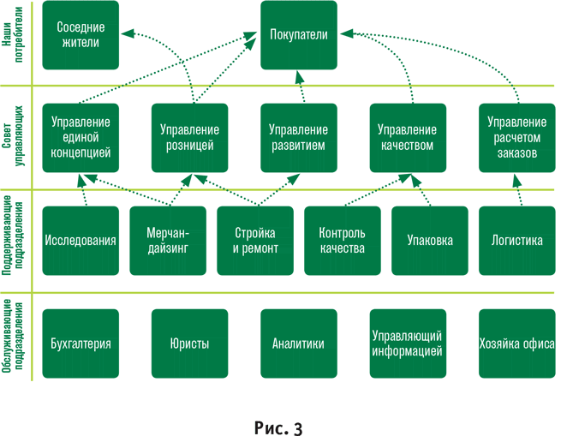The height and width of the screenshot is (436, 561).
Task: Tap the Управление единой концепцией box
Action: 80,137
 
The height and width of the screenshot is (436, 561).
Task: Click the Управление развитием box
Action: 297,137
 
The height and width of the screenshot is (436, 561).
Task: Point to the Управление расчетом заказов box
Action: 516,137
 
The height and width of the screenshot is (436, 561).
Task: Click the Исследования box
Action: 80,240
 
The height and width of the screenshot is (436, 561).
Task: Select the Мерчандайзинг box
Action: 167,240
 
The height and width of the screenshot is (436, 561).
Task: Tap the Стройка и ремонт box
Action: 254,240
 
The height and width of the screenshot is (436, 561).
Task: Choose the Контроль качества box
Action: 342,240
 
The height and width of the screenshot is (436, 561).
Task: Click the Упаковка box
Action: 429,240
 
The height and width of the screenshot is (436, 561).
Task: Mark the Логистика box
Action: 516,240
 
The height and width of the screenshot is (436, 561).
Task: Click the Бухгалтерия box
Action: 80,343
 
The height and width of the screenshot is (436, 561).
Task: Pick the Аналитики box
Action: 297,343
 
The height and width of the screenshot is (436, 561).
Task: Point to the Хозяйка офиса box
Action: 516,343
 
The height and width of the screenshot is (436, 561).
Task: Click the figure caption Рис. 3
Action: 279,423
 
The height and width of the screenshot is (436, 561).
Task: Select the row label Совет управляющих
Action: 12,137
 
